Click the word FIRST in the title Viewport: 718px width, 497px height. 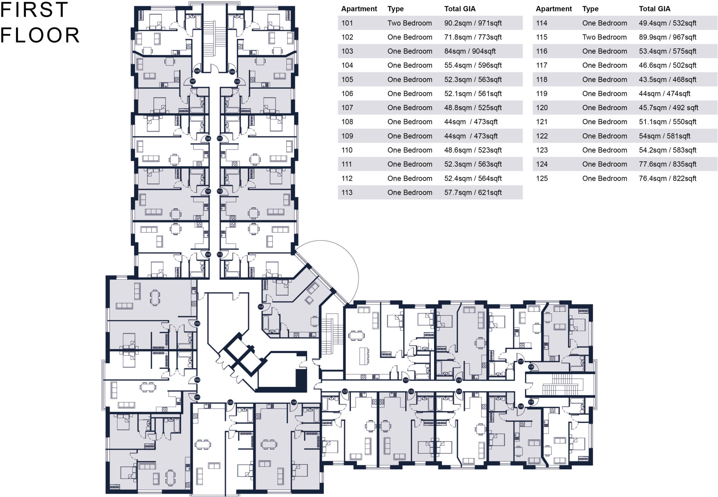coord(34,9)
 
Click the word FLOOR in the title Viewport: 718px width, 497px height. coord(40,35)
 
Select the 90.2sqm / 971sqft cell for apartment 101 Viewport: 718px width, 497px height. coord(473,23)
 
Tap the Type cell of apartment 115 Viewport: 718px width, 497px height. coord(604,37)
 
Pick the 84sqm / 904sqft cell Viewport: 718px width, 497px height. coord(470,51)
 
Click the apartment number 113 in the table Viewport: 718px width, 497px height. coord(347,193)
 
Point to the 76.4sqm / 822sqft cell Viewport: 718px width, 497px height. coord(668,179)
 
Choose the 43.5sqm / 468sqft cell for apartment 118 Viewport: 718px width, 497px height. coord(668,80)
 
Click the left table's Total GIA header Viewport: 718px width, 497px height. coord(460,9)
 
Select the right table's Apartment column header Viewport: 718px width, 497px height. coord(554,9)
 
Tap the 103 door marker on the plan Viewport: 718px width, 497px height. coord(197,323)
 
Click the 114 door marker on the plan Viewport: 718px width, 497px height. coord(260,307)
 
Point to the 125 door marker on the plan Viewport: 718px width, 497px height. coord(230,402)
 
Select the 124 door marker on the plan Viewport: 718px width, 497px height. coord(294,402)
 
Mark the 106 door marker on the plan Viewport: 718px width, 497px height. coord(208,139)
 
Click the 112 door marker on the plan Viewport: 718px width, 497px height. coord(220,192)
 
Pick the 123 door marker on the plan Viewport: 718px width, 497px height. coord(345,391)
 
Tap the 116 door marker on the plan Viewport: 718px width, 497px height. coord(459,380)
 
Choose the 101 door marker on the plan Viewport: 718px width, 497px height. coord(197,397)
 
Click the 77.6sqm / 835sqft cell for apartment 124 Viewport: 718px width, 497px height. coord(668,164)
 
